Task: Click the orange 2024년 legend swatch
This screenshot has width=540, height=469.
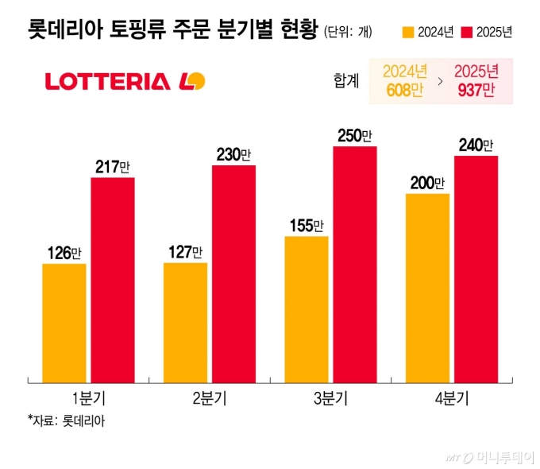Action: [x=408, y=33]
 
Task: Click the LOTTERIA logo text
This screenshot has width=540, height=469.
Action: [x=107, y=81]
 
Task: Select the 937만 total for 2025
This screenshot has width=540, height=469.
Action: [x=476, y=89]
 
